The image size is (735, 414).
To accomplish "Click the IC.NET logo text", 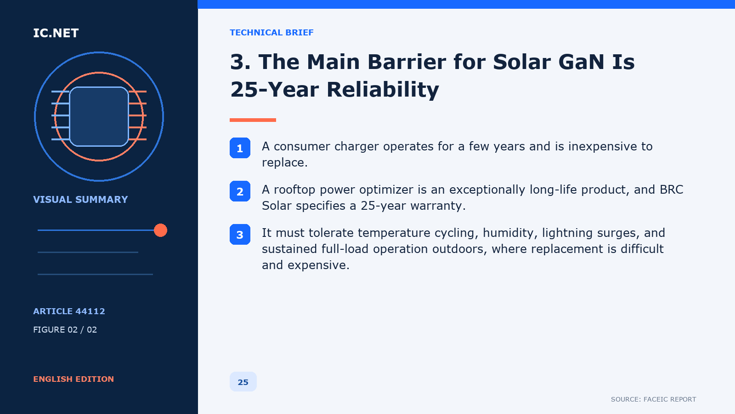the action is tap(56, 33).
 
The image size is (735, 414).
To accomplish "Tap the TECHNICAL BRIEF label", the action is tap(271, 33).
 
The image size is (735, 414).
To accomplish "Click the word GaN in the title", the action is tap(581, 62).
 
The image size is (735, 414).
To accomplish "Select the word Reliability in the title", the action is tap(383, 89).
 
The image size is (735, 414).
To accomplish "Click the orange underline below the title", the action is tap(253, 120).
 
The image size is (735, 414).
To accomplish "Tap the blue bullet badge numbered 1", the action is tap(240, 148).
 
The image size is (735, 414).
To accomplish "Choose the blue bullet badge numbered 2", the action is tap(240, 191).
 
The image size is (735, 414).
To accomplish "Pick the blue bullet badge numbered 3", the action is tap(240, 235).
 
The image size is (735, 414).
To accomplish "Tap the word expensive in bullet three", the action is tap(318, 265).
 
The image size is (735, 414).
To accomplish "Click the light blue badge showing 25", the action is tap(243, 382).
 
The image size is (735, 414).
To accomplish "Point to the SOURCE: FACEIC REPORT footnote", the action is tap(653, 399).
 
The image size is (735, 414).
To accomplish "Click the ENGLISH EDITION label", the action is tap(73, 379).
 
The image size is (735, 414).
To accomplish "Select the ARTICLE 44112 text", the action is tap(69, 311).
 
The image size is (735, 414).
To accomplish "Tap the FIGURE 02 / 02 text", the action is tap(65, 329).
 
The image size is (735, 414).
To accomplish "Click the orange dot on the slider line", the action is tap(160, 230).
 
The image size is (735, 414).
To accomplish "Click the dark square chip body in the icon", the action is tap(99, 117).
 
